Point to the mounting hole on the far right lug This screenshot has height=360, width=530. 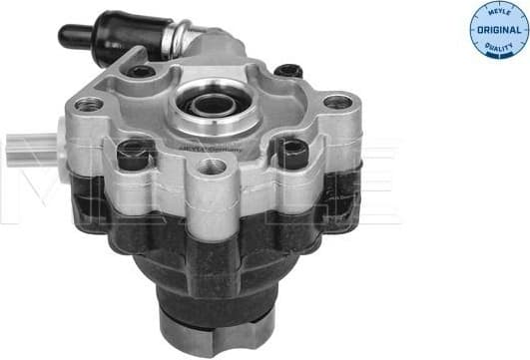(337, 101)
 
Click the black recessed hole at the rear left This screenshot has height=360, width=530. (141, 71)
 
